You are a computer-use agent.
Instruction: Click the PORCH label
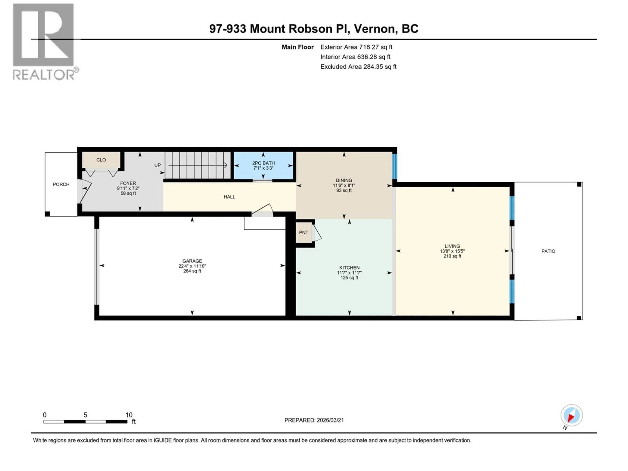[x=61, y=184]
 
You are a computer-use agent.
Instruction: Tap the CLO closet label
[x=101, y=160]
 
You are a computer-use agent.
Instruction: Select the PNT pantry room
[x=304, y=233]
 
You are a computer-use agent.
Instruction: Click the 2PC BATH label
[x=263, y=163]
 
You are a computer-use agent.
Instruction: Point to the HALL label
[x=229, y=197]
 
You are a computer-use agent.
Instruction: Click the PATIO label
[x=548, y=251]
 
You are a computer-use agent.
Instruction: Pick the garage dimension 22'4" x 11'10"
[x=192, y=266]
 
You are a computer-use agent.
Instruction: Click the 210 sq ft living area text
[x=452, y=256]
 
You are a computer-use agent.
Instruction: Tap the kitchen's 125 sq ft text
[x=349, y=278]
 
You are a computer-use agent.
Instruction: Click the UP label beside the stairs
[x=157, y=165]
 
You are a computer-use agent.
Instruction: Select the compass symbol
[x=572, y=415]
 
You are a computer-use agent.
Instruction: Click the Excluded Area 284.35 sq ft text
[x=358, y=67]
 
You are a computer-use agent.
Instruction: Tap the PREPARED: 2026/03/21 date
[x=314, y=420]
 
